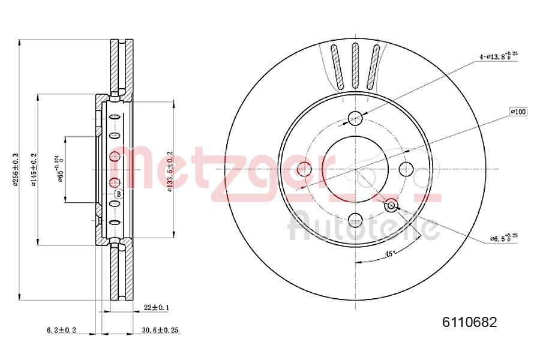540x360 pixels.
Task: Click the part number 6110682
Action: pyautogui.click(x=469, y=322)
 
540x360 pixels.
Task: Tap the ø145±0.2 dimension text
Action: pyautogui.click(x=34, y=169)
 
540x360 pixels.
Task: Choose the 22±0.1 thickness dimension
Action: pyautogui.click(x=156, y=307)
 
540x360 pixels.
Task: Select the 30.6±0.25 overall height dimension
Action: pyautogui.click(x=161, y=330)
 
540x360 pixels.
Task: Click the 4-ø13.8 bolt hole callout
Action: pyautogui.click(x=497, y=56)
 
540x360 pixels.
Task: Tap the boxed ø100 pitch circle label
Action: pyautogui.click(x=518, y=112)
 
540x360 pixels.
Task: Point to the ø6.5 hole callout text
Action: pyautogui.click(x=501, y=239)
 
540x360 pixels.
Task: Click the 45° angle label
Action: pyautogui.click(x=389, y=253)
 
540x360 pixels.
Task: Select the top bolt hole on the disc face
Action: pyautogui.click(x=355, y=118)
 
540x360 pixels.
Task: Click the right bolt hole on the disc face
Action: pyautogui.click(x=406, y=169)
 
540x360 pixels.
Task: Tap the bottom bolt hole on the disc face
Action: pyautogui.click(x=355, y=220)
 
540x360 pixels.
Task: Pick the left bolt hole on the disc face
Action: pyautogui.click(x=304, y=169)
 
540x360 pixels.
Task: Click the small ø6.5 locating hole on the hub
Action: pyautogui.click(x=391, y=206)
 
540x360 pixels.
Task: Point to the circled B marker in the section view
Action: pyautogui.click(x=118, y=194)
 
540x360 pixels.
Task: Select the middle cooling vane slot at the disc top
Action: pyautogui.click(x=355, y=66)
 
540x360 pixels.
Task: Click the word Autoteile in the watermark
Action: pyautogui.click(x=363, y=226)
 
